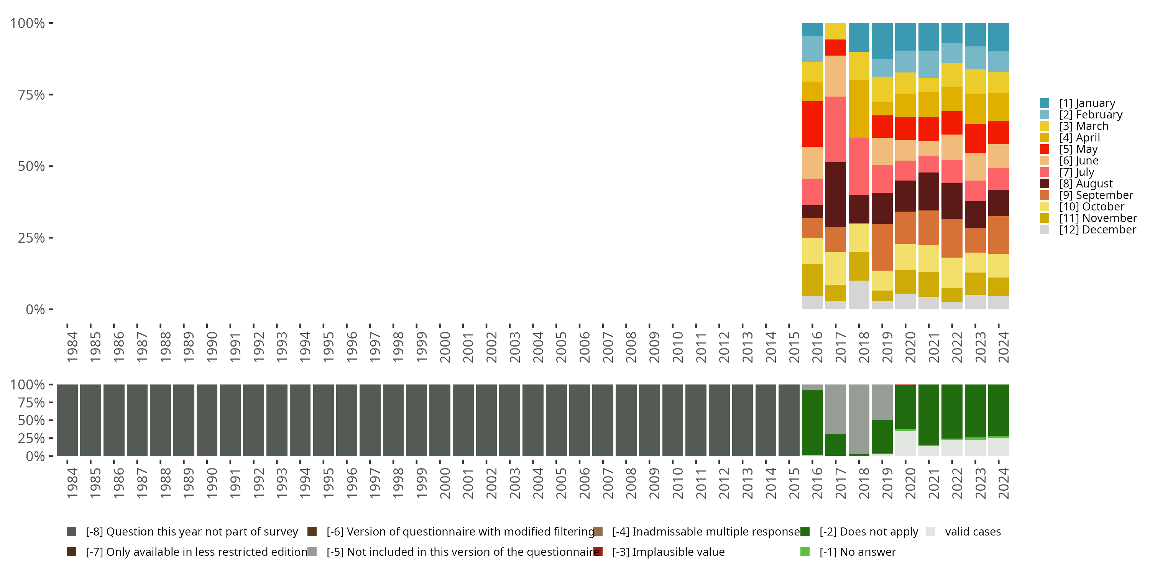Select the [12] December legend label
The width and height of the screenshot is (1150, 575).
point(1097,230)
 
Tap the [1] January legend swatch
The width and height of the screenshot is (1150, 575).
point(1044,103)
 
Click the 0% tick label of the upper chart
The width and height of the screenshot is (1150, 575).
point(35,309)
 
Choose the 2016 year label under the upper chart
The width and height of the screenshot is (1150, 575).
point(817,347)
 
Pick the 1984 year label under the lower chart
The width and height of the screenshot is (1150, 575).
point(72,483)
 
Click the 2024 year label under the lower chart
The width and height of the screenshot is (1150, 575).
point(1003,483)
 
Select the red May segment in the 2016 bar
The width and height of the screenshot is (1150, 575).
point(812,124)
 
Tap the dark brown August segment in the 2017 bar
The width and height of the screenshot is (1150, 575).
point(835,195)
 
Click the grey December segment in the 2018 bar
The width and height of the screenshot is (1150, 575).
point(859,295)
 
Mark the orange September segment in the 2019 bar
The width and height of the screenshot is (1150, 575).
point(882,247)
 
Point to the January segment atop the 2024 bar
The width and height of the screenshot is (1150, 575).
point(998,37)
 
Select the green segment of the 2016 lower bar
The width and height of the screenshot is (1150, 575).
point(812,422)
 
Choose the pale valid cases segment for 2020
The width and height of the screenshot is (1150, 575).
point(905,443)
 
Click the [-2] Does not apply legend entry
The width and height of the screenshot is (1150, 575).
point(868,532)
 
